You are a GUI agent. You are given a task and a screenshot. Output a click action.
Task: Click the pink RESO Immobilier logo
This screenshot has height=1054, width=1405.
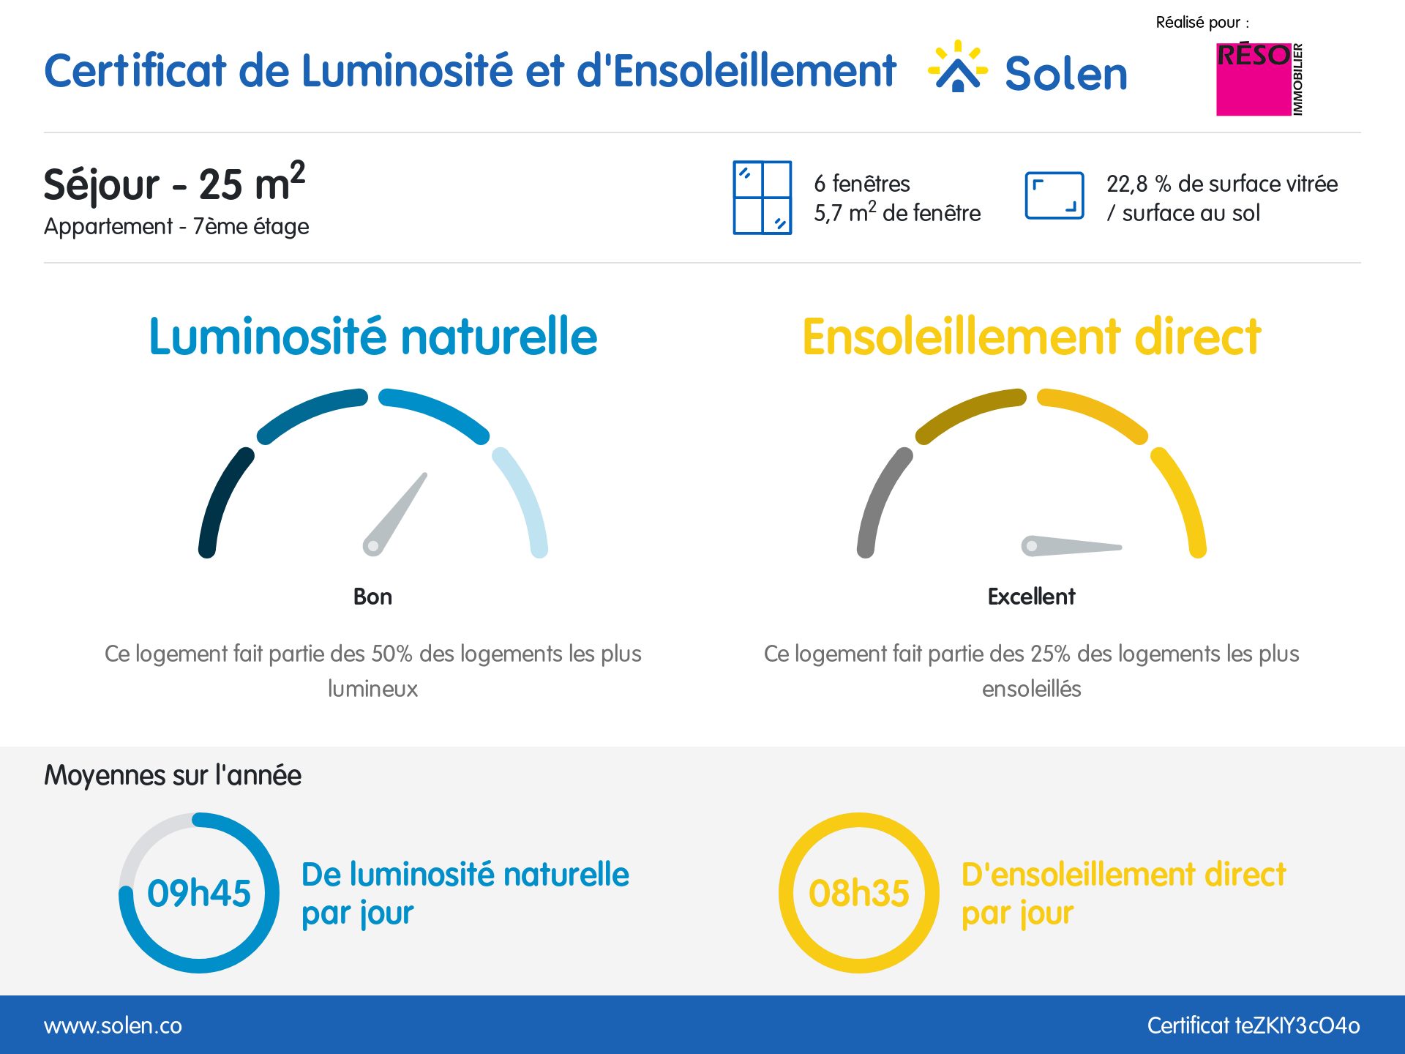pos(1259,79)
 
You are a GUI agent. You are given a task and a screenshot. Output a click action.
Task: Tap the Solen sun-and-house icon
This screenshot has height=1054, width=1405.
pos(958,67)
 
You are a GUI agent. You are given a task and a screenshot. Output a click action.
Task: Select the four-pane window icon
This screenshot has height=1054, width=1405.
pos(762,198)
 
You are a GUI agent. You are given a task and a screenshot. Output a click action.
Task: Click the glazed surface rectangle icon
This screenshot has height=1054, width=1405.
pos(1054,195)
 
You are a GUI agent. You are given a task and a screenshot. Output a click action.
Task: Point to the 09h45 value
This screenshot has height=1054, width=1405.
pos(199,893)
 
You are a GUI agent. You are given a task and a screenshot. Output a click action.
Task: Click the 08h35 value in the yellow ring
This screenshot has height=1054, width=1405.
pos(858,893)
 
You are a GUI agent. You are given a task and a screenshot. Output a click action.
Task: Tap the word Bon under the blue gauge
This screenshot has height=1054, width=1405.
pos(372,597)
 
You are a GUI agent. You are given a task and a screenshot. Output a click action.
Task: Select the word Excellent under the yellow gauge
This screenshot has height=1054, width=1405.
pos(1031,597)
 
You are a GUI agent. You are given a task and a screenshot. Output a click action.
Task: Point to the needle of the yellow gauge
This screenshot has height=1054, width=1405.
pos(1072,546)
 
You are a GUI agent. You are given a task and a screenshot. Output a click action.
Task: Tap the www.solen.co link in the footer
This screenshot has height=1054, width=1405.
pos(113,1025)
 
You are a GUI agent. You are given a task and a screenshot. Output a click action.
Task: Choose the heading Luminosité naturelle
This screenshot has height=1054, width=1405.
pos(372,337)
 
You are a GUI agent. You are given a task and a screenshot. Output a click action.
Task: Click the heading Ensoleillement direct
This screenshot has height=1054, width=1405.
pos(1031,337)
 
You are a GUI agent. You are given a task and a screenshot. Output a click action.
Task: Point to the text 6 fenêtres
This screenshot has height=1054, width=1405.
pos(862,183)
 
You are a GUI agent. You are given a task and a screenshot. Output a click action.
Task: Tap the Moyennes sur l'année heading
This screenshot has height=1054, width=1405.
pos(173,775)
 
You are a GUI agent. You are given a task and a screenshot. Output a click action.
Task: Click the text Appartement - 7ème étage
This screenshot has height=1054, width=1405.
pos(176,226)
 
